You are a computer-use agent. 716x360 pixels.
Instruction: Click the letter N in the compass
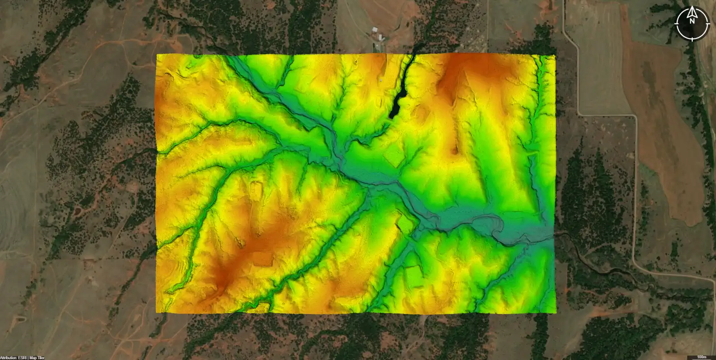(x=692, y=21)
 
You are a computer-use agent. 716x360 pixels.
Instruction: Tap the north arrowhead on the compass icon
(x=692, y=10)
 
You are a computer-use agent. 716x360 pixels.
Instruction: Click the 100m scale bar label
(x=701, y=357)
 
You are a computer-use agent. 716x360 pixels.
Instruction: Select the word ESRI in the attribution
(x=23, y=358)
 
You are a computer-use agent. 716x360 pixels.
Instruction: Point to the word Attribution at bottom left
(x=9, y=358)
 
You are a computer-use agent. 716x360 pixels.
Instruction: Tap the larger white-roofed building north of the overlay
(x=381, y=37)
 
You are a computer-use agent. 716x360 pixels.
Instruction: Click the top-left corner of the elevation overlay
(x=157, y=55)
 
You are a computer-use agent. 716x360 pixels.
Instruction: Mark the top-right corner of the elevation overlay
(x=555, y=55)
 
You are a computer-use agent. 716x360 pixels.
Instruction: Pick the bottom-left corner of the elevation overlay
(x=156, y=312)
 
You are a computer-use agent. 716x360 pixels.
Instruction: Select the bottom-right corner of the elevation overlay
(x=555, y=312)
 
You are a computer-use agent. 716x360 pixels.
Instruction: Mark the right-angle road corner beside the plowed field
(x=635, y=115)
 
